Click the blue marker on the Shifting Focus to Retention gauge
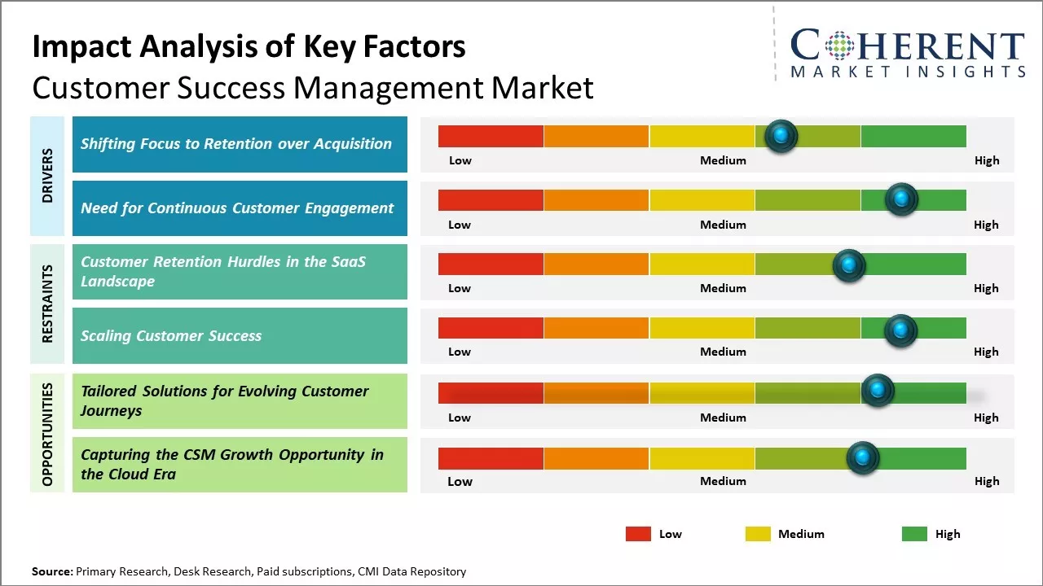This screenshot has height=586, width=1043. click(x=781, y=136)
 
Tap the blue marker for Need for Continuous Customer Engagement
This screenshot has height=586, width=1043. click(x=901, y=199)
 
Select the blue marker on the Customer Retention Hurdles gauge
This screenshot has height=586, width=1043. click(x=848, y=265)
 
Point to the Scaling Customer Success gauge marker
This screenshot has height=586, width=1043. click(x=900, y=330)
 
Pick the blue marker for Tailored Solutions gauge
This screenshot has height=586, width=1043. click(x=878, y=391)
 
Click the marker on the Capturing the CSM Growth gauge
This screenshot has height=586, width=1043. click(x=862, y=457)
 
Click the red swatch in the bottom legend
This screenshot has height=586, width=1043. click(x=638, y=534)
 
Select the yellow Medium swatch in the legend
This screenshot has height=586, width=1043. click(x=758, y=534)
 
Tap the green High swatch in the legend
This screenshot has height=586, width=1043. click(x=914, y=534)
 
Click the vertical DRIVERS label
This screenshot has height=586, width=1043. click(x=47, y=175)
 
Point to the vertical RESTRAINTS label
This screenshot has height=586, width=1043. click(x=47, y=304)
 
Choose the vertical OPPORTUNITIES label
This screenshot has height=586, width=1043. click(x=47, y=434)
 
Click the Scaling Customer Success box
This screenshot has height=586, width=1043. click(x=240, y=335)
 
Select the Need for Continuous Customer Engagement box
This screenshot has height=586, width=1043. click(x=240, y=208)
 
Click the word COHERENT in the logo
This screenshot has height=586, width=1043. click(x=908, y=46)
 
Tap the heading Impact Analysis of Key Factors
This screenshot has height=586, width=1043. click(x=249, y=46)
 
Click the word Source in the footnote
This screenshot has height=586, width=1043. click(x=51, y=571)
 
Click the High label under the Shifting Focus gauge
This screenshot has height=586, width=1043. click(x=987, y=160)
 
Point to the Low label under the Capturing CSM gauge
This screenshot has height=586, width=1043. click(x=460, y=481)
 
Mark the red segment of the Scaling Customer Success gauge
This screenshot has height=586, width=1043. click(x=491, y=328)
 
